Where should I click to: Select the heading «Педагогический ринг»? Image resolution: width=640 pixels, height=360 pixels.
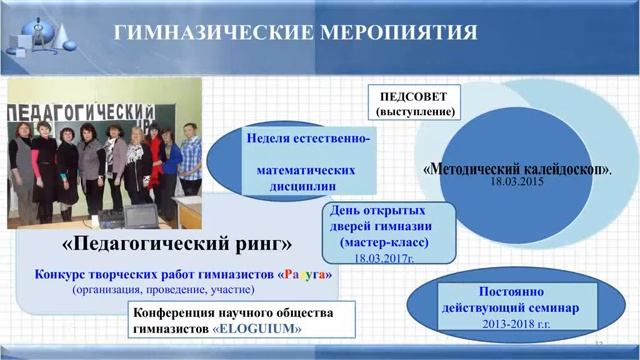[177, 244]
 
